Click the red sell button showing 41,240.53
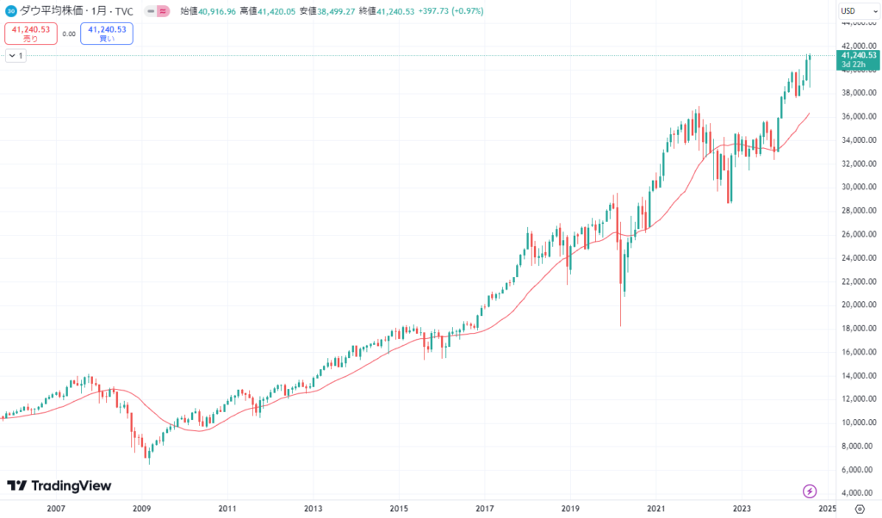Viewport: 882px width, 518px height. click(x=31, y=34)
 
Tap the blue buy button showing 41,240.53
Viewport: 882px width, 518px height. click(x=106, y=34)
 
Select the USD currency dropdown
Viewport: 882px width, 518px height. click(x=852, y=11)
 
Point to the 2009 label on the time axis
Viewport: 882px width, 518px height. click(x=141, y=509)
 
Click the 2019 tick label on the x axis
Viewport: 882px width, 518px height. click(x=570, y=509)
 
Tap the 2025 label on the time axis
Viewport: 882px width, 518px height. click(x=827, y=509)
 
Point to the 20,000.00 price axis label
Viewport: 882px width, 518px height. click(x=858, y=305)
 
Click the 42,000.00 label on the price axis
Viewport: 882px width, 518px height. click(x=858, y=46)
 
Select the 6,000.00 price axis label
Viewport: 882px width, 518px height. click(x=858, y=469)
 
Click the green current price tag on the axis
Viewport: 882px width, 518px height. click(x=859, y=59)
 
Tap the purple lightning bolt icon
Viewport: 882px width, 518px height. click(x=810, y=491)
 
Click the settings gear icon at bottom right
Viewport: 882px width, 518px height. click(x=859, y=509)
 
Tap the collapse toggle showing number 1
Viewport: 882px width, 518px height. click(x=16, y=55)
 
